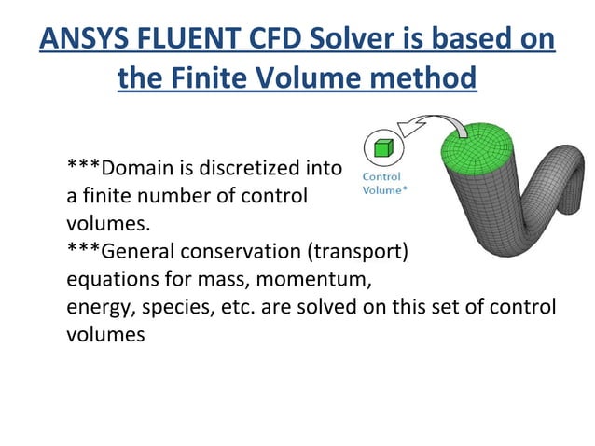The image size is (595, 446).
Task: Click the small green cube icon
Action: pyautogui.click(x=381, y=147)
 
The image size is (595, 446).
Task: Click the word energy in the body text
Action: pyautogui.click(x=97, y=307)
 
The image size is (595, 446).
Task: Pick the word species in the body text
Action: pyautogui.click(x=170, y=307)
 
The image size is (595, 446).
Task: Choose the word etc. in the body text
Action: pyautogui.click(x=228, y=307)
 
